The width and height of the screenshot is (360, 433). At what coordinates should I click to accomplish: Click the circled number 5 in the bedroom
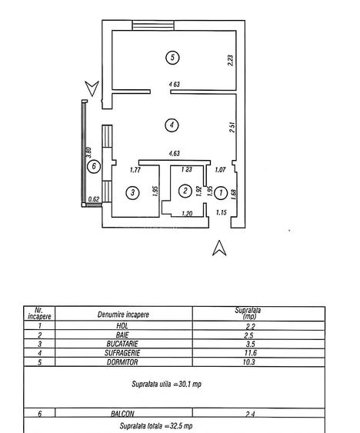point(173,57)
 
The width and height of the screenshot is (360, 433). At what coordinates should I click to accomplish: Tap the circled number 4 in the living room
point(173,123)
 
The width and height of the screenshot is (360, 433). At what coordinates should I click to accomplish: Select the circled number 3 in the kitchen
point(133,192)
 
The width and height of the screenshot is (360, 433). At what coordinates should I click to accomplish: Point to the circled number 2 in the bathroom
point(185,191)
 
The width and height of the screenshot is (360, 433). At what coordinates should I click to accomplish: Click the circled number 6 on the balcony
point(93,166)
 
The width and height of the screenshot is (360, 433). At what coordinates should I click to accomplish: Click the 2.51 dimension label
point(230,127)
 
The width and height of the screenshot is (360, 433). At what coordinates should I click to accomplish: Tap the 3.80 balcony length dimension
point(90,154)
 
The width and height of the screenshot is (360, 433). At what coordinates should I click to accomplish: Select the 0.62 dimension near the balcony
point(95,200)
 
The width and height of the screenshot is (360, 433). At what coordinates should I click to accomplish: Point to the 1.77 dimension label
point(136,170)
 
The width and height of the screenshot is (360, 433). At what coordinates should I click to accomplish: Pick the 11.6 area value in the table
point(248,353)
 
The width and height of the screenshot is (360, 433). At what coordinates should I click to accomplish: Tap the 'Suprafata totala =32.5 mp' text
point(155,425)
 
